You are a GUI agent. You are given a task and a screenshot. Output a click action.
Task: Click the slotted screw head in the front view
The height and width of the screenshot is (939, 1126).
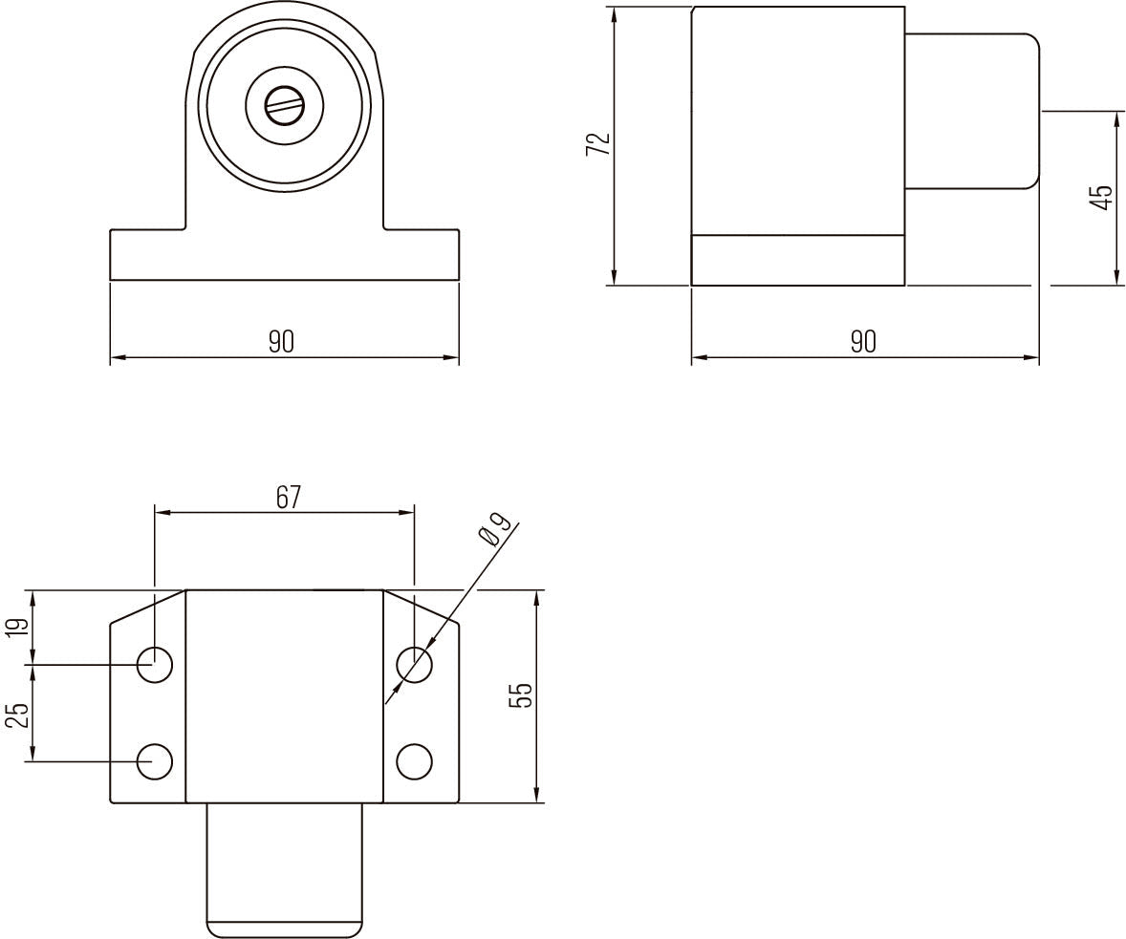pos(285,107)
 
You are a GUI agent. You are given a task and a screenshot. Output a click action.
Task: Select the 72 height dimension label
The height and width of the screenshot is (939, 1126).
pos(598,144)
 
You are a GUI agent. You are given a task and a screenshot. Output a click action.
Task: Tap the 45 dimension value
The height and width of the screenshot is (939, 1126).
pos(1101,197)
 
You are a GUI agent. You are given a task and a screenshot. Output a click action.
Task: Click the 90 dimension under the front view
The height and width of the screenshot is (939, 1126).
pos(281,342)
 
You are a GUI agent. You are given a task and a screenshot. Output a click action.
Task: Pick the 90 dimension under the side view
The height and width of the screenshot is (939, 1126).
pos(864,342)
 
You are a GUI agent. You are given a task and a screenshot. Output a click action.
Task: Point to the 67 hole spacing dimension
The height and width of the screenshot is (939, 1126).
pos(288,498)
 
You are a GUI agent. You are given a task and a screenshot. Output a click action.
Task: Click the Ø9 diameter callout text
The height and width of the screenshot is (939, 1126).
pos(495,530)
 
